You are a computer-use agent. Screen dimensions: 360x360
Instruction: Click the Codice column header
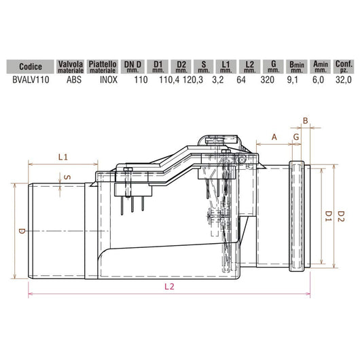pyautogui.click(x=31, y=67)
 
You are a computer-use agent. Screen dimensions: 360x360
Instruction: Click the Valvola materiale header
pyautogui.click(x=72, y=66)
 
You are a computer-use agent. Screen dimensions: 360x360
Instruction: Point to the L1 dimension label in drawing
pyautogui.click(x=63, y=157)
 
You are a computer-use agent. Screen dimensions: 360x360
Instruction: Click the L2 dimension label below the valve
pyautogui.click(x=169, y=287)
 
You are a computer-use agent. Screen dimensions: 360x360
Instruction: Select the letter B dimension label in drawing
pyautogui.click(x=305, y=121)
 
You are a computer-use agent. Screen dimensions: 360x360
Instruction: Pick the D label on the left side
pyautogui.click(x=21, y=232)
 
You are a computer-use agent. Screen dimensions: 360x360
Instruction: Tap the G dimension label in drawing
pyautogui.click(x=297, y=137)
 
